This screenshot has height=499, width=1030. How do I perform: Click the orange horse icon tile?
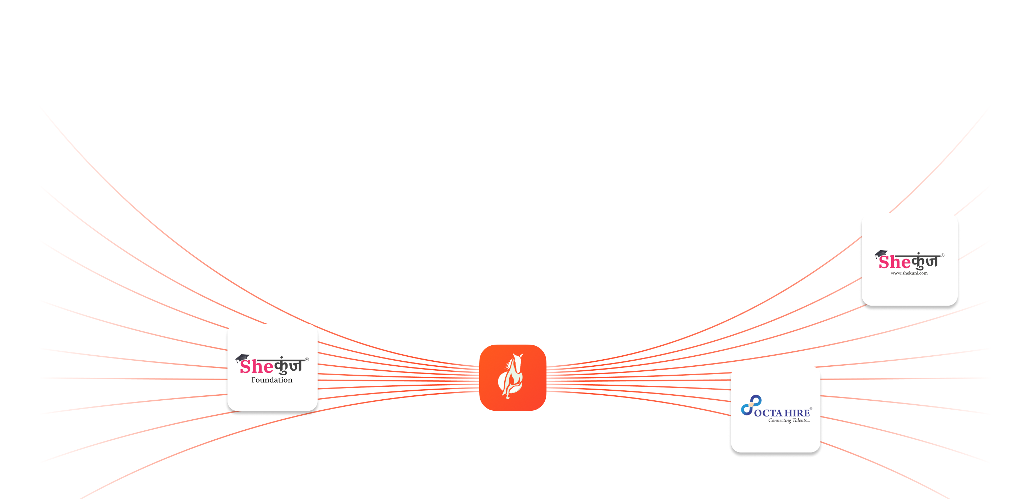pos(512,377)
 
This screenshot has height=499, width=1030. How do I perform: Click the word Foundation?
pos(271,380)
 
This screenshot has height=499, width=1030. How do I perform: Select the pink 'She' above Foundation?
pos(256,366)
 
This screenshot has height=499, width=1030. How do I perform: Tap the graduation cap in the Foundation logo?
pos(242,358)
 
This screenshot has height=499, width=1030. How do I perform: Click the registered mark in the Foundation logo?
pos(307,360)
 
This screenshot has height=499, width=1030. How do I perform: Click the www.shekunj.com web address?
pos(909,273)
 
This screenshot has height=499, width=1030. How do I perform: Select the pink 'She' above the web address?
pos(894,262)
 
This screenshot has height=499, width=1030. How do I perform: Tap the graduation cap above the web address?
pos(881,254)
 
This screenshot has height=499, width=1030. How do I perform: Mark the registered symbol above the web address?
pos(942,255)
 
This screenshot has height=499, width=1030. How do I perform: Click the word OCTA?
pos(768,413)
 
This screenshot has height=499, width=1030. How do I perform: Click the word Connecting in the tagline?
pos(779,421)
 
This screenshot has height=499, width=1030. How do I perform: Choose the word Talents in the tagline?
pos(800,420)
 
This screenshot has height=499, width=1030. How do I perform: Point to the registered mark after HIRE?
pos(810,409)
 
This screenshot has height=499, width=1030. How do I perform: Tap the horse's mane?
pos(509,364)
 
